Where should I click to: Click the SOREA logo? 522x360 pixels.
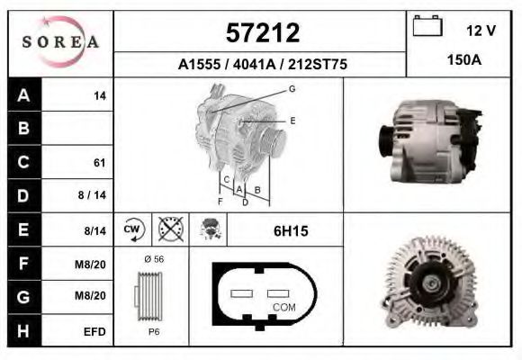point(60,42)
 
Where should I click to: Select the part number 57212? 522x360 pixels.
point(261,33)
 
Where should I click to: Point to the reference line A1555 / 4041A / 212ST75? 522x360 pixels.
point(261,65)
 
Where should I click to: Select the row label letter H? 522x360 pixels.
point(24,331)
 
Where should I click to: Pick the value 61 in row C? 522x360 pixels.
point(99,163)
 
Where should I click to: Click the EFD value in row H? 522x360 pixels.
point(94,331)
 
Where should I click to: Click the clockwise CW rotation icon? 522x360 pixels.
point(131,229)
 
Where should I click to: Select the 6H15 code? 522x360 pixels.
point(290,231)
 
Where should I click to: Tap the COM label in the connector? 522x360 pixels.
point(283,307)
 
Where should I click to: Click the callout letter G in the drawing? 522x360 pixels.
point(292,88)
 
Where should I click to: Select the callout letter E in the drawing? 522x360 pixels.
point(292,120)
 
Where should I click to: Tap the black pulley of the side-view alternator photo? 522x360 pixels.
point(385,144)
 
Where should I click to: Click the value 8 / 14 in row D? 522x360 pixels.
point(94,195)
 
